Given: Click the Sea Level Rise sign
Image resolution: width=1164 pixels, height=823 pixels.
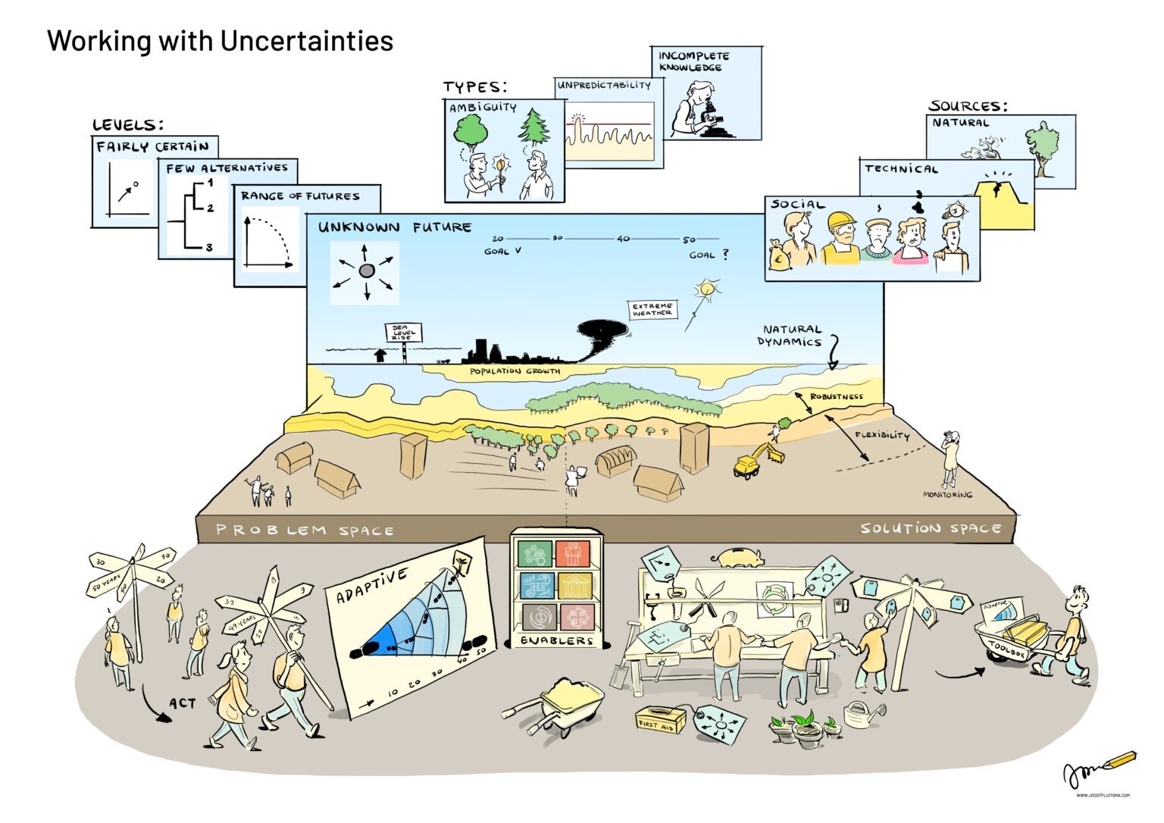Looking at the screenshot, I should pyautogui.click(x=404, y=333).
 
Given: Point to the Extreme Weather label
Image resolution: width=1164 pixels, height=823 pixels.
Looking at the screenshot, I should pyautogui.click(x=653, y=309).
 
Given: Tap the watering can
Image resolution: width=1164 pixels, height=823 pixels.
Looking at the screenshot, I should pyautogui.click(x=863, y=713).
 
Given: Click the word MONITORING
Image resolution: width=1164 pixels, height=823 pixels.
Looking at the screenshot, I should pyautogui.click(x=947, y=495).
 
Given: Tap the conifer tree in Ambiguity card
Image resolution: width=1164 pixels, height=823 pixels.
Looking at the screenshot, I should pyautogui.click(x=534, y=127).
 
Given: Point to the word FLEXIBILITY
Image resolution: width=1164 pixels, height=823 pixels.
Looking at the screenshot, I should pyautogui.click(x=881, y=436).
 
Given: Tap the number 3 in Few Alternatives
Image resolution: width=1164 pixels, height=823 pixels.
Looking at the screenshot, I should pyautogui.click(x=209, y=247).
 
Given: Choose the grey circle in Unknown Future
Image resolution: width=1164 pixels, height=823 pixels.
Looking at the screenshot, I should pyautogui.click(x=367, y=271).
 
